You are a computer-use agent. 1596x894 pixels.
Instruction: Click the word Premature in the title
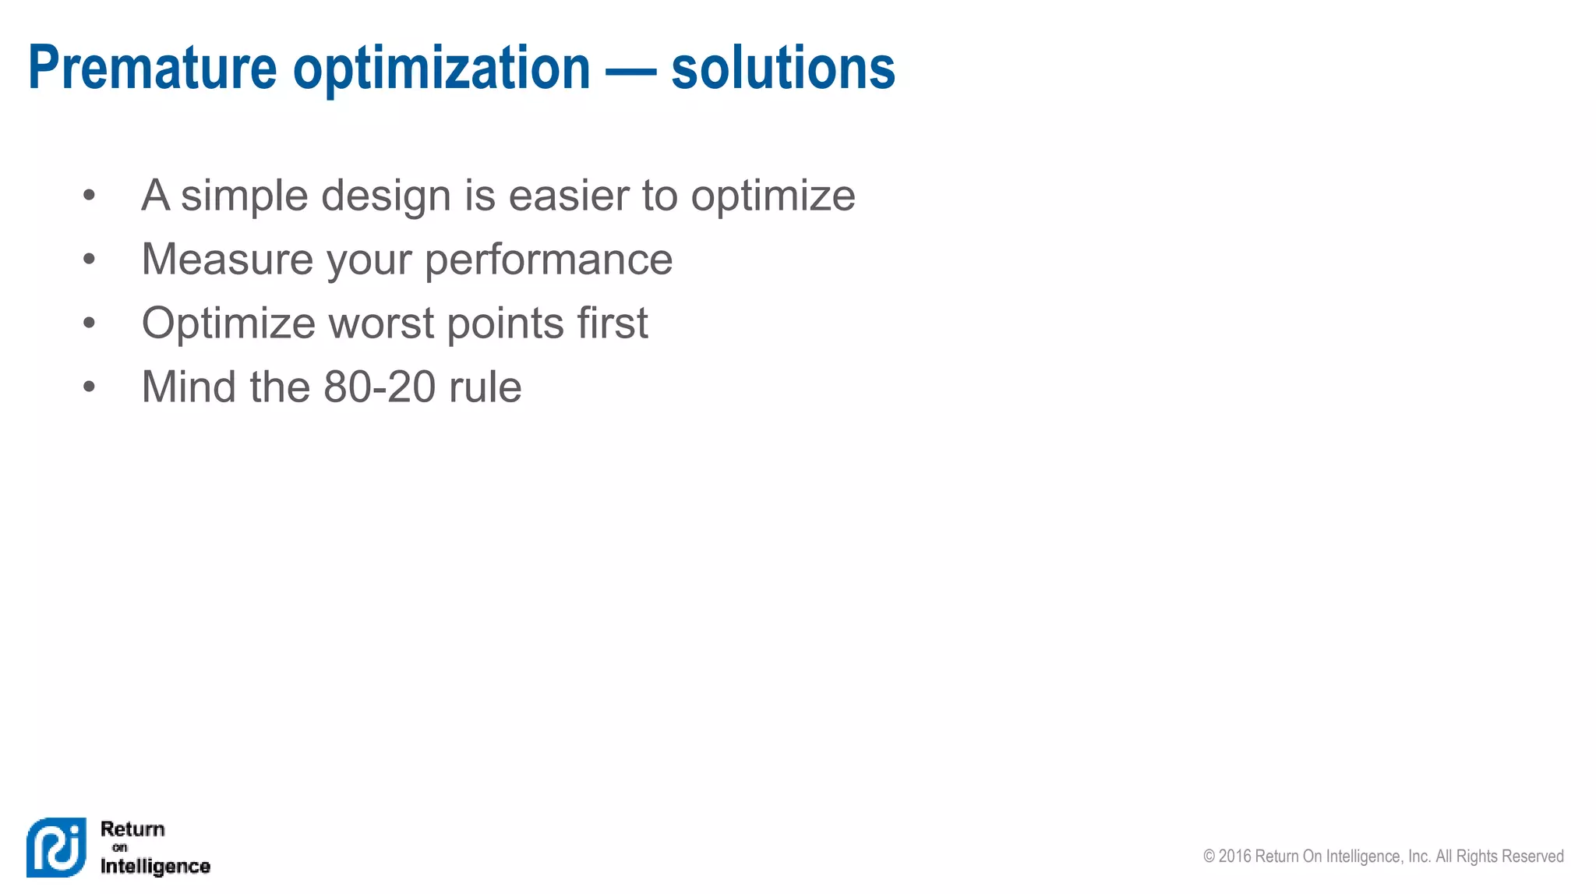pos(152,69)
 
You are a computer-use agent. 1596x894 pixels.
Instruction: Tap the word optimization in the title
pos(441,69)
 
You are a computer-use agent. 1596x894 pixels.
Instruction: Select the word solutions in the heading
pos(782,69)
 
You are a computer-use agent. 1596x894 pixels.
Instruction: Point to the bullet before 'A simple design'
pos(89,195)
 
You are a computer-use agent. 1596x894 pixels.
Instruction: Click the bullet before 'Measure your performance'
pos(89,259)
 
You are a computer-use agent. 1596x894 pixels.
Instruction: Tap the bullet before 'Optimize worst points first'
pos(89,323)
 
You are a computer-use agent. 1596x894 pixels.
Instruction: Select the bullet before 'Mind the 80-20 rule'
pos(89,387)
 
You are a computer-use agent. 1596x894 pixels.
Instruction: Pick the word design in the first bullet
pos(386,196)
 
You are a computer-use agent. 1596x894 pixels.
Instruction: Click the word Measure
pos(227,259)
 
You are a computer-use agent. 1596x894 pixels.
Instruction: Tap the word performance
pos(549,260)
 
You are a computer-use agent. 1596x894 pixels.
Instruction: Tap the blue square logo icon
pos(56,847)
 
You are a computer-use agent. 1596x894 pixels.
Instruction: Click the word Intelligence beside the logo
pos(155,866)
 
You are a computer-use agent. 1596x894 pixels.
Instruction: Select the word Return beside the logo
pos(132,829)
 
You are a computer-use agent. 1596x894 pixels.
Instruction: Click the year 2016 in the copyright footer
pos(1234,857)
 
